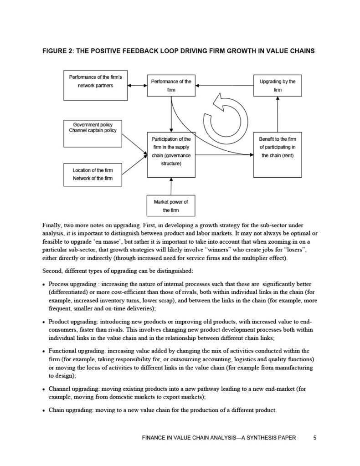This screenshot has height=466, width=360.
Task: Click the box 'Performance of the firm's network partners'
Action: (95, 85)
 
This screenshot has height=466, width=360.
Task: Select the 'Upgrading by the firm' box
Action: (278, 86)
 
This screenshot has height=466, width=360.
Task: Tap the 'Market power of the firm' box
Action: (171, 206)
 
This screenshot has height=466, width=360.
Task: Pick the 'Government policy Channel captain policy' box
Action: (93, 133)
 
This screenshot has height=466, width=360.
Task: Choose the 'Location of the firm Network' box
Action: (93, 174)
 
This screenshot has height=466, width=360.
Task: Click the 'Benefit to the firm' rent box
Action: (278, 155)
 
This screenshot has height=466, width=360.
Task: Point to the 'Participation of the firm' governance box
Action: (171, 155)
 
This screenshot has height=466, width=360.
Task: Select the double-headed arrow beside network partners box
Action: (137, 85)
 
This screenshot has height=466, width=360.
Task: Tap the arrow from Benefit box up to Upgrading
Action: (278, 114)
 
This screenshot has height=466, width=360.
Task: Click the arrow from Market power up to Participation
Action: (171, 186)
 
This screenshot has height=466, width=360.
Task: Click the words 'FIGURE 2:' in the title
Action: (58, 51)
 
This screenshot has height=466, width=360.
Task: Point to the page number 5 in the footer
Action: (315, 438)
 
